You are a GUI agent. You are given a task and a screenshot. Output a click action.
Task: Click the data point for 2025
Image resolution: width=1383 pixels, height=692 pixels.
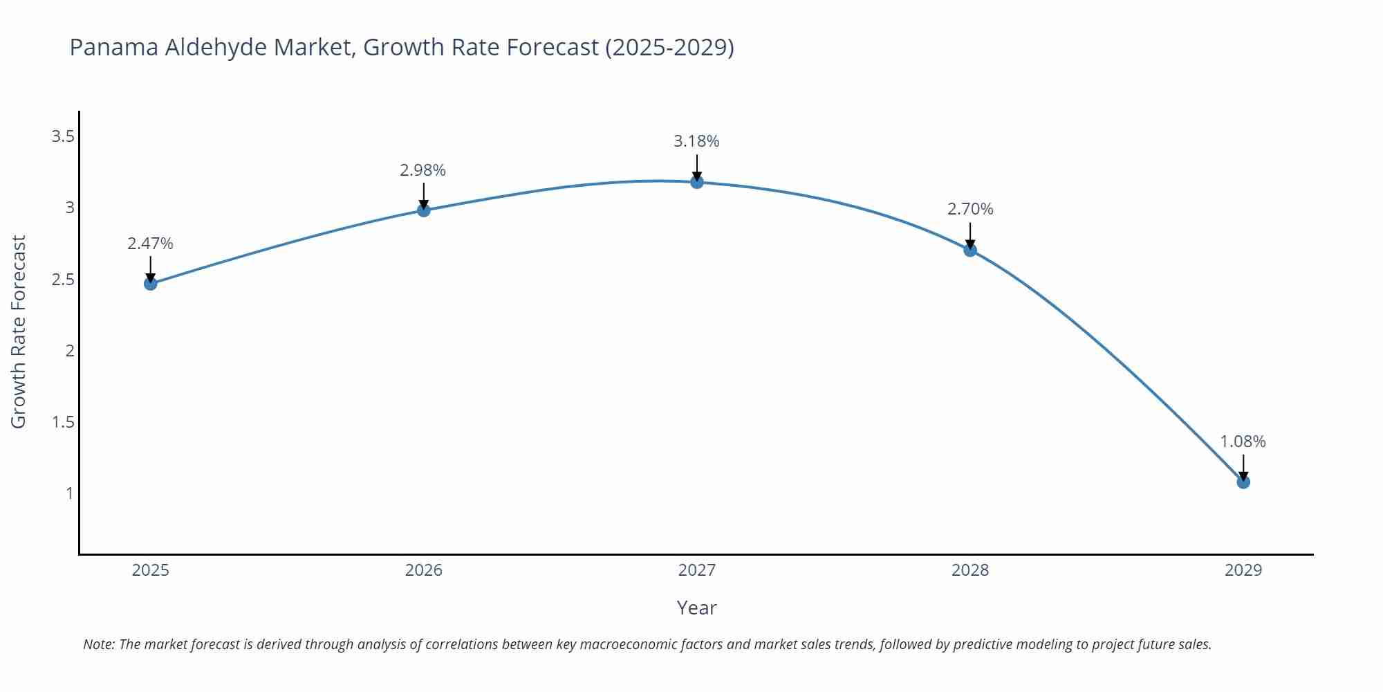pos(150,283)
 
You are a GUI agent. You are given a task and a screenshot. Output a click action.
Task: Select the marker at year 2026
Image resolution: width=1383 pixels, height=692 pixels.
pos(424,210)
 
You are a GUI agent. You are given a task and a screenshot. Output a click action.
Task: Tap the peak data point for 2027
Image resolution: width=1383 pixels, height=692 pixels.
pos(696,181)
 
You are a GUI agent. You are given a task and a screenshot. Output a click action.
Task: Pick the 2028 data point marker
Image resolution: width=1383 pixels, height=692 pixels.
pos(970,250)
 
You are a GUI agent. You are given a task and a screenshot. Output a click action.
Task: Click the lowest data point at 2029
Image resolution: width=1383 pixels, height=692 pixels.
pos(1243,482)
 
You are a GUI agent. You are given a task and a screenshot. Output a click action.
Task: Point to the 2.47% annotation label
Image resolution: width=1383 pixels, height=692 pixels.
pos(150,244)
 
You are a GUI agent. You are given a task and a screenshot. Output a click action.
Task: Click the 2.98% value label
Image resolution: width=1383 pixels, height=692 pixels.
pos(423,170)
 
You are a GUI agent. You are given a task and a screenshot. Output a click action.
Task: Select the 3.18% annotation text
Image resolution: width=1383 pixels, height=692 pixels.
pos(696,141)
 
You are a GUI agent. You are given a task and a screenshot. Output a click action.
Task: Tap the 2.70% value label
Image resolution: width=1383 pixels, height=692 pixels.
pos(970,209)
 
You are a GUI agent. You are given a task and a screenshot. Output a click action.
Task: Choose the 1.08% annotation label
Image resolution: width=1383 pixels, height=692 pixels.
pos(1243,441)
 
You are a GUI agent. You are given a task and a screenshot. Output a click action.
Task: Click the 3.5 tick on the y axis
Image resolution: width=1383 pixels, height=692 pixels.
pos(63,136)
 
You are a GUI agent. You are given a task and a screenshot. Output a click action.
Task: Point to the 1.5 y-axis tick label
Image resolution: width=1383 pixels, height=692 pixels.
pos(63,422)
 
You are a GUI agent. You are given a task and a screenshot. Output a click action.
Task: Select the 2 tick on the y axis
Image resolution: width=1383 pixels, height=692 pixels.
pos(70,351)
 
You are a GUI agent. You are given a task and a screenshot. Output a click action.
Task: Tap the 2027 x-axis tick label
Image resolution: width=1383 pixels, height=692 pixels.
pos(696,570)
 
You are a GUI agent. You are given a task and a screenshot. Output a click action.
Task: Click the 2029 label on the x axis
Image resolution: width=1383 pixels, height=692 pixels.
pos(1243,570)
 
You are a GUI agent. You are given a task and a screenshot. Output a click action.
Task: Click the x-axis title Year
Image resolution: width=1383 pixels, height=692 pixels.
pos(696,608)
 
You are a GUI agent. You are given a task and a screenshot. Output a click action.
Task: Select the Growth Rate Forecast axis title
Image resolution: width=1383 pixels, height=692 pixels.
pos(19,331)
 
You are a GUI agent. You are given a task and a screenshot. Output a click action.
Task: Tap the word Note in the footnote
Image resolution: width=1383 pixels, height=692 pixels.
pos(99,644)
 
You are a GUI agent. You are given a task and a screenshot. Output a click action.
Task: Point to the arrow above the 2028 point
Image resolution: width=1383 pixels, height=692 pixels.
pos(970,236)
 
